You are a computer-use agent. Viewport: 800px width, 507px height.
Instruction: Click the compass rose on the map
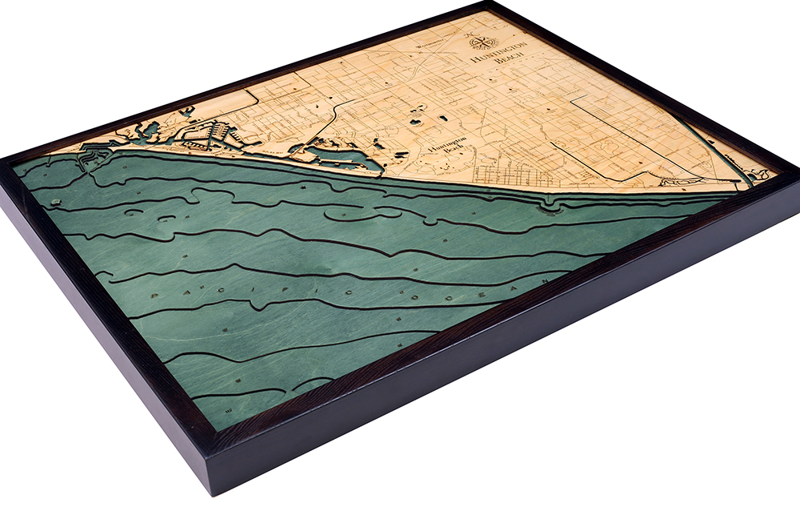(x=483, y=41)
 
